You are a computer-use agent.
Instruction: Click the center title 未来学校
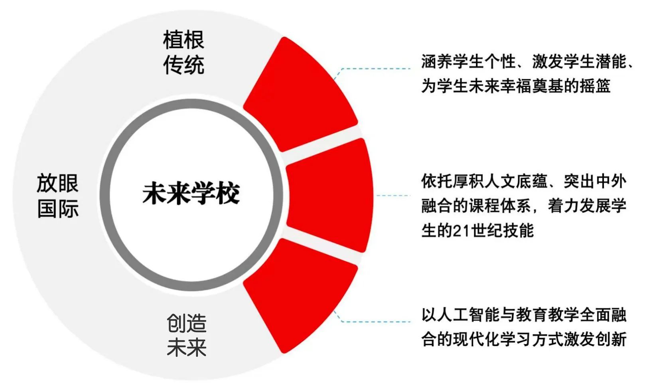191,194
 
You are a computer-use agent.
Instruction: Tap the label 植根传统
184,52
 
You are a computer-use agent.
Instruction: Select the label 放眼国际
57,196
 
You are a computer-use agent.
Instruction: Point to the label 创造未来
187,335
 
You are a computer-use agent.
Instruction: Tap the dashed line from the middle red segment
393,196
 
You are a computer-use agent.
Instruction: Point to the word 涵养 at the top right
437,61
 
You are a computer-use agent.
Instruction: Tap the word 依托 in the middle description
437,182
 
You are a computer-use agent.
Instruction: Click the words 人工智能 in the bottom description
468,315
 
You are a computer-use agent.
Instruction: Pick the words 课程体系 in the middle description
499,206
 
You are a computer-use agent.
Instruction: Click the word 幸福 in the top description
516,85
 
